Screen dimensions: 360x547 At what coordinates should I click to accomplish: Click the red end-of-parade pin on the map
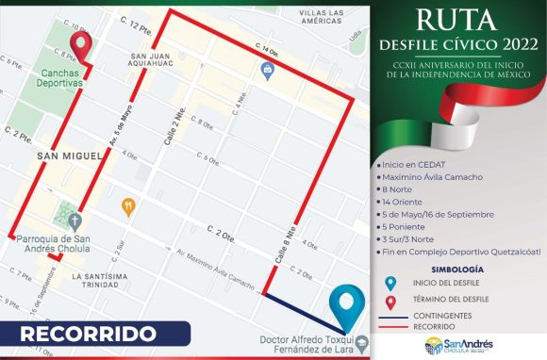click(x=81, y=45)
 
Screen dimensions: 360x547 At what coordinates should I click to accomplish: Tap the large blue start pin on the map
click(x=352, y=307)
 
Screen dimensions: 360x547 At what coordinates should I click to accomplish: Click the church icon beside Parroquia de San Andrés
click(x=63, y=211)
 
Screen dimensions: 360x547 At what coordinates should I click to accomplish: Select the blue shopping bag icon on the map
click(x=268, y=70)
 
